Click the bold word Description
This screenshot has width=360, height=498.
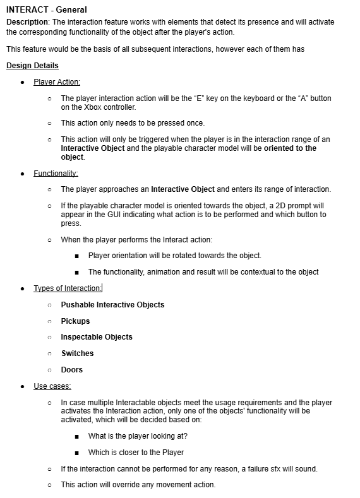27,22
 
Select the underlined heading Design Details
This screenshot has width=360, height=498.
32,66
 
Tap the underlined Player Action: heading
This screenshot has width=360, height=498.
57,82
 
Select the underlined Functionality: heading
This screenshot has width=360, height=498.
56,173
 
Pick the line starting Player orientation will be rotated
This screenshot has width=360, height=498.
174,256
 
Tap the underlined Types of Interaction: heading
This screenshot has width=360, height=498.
68,288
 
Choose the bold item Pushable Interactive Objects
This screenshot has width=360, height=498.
112,305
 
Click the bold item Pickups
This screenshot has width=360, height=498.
75,321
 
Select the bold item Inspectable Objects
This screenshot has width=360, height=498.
97,337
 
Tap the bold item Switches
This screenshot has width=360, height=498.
77,353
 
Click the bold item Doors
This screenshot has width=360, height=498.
71,370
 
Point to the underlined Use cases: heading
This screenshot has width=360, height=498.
52,386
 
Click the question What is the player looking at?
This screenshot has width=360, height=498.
138,436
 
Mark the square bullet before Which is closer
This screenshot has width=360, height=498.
76,453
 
